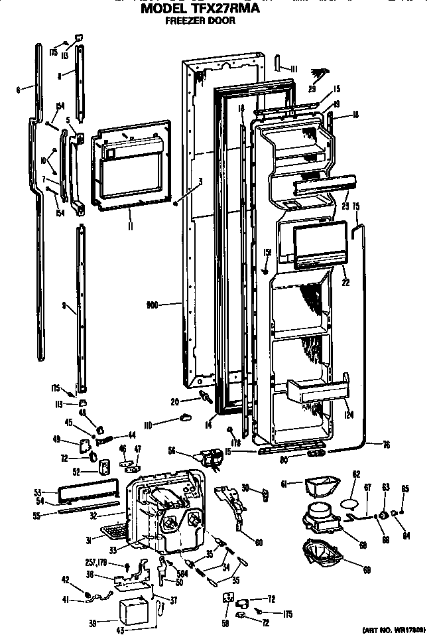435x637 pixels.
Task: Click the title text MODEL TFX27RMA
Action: click(x=199, y=10)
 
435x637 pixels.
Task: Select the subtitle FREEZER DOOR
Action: click(x=199, y=21)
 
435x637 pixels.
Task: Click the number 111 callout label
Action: click(x=294, y=68)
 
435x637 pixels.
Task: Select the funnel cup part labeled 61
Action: click(x=320, y=488)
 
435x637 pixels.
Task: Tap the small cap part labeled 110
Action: click(x=184, y=417)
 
